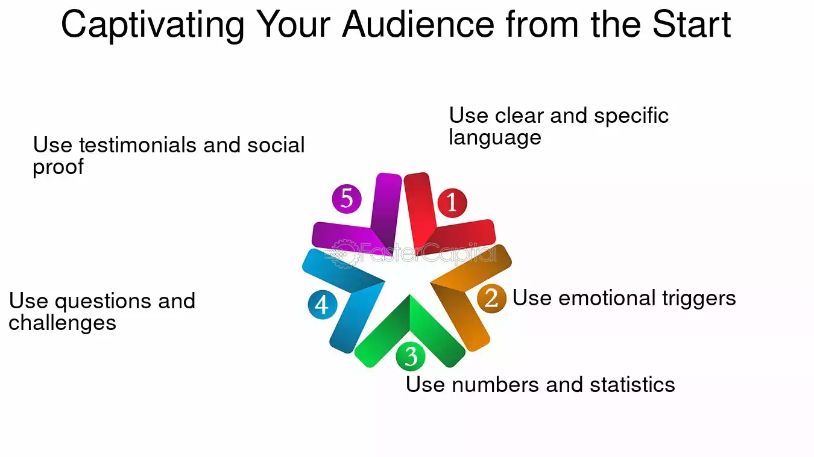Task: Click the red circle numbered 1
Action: [x=452, y=202]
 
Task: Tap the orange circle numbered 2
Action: [x=491, y=298]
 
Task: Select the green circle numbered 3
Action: [x=411, y=356]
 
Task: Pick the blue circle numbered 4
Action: [x=322, y=305]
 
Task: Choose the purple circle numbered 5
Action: [x=347, y=198]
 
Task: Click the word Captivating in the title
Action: [x=153, y=25]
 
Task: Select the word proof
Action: [x=58, y=167]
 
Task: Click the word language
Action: [x=494, y=138]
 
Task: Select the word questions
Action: [x=101, y=301]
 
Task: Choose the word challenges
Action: [x=62, y=323]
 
